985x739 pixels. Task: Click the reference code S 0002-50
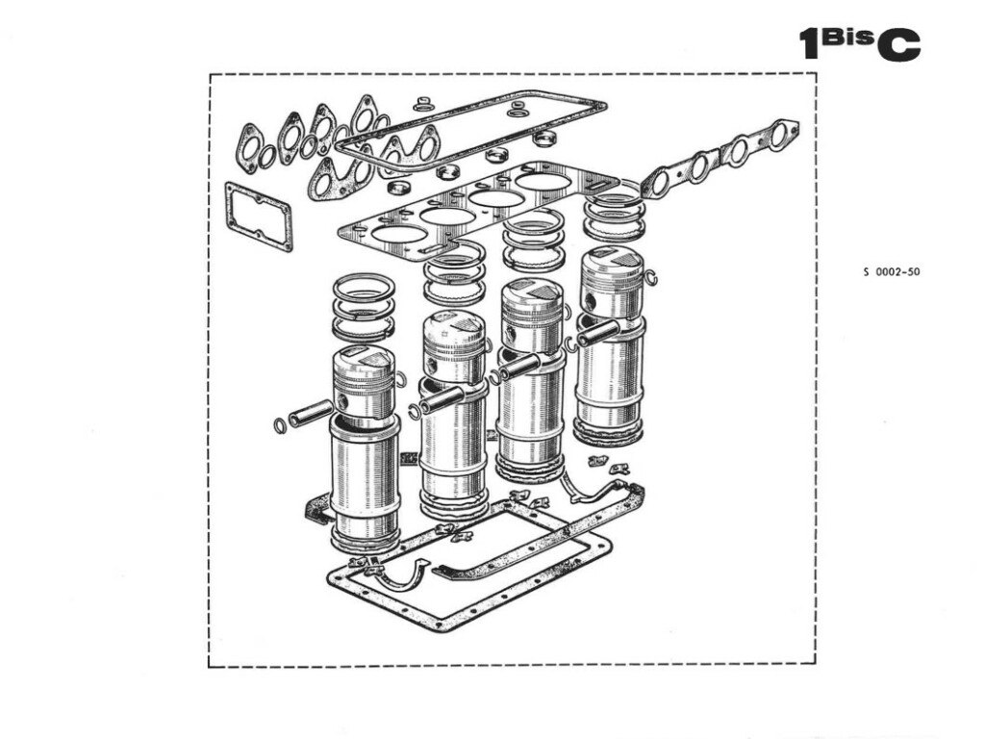[892, 272]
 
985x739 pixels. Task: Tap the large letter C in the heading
[897, 44]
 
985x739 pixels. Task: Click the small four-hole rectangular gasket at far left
[258, 217]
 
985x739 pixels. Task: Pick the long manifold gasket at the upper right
[720, 157]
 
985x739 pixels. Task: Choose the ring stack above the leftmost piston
[364, 305]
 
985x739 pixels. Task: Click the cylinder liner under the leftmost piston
[364, 481]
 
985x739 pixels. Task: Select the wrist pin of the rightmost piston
[597, 332]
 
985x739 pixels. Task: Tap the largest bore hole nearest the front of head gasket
[399, 234]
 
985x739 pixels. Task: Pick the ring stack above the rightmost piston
[614, 215]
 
